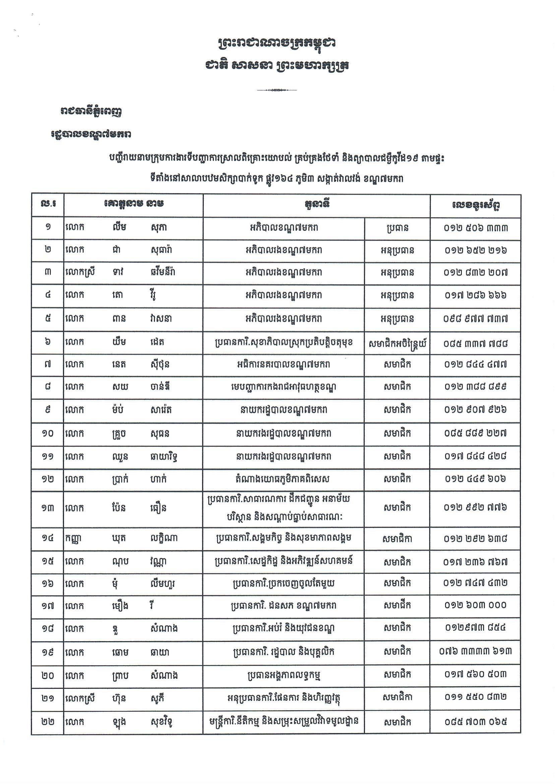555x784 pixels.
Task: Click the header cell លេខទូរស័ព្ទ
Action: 475,205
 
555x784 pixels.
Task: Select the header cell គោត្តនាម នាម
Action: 133,204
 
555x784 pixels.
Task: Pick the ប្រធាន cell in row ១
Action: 397,228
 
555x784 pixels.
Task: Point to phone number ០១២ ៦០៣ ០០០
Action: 475,605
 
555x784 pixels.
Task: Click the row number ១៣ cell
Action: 48,508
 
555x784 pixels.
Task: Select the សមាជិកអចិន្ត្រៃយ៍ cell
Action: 397,343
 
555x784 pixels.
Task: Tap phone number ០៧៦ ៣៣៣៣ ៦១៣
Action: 475,651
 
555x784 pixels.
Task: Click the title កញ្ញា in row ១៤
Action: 72,539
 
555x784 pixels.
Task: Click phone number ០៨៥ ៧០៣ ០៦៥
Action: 475,721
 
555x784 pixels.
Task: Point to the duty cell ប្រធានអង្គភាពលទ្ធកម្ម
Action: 283,675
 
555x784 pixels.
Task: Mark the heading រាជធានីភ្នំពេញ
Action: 90,112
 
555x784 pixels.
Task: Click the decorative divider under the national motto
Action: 276,90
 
